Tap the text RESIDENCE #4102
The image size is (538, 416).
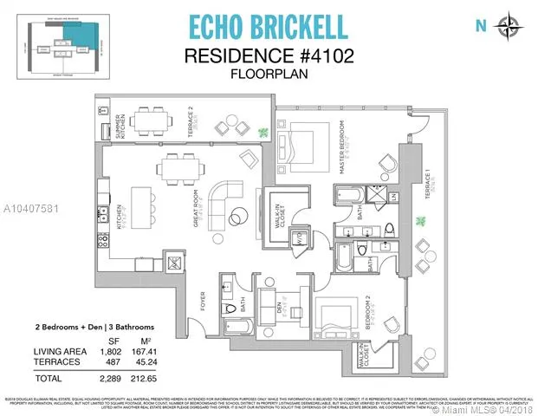(269, 56)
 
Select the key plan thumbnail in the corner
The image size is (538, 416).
(61, 40)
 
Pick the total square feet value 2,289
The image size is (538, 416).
(107, 378)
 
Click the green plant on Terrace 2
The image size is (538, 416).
(263, 133)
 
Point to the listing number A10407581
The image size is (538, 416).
(35, 208)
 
